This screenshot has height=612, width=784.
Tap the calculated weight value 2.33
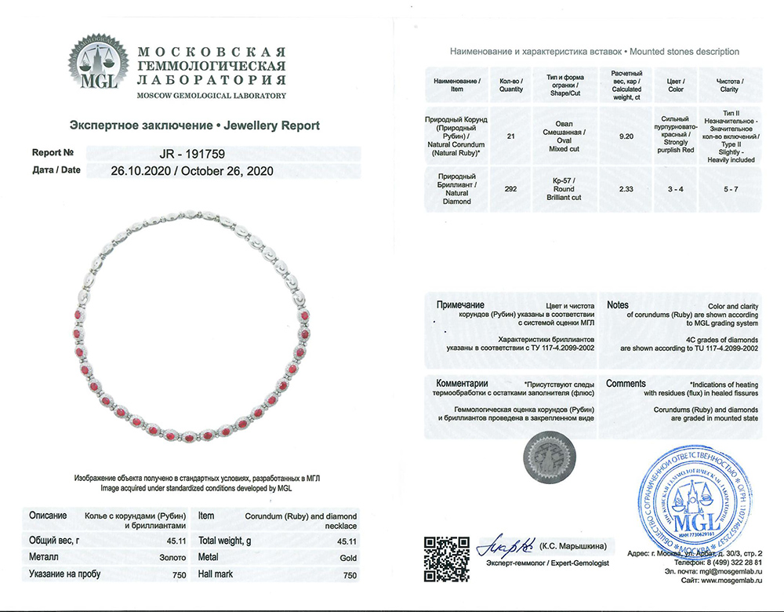coord(626,188)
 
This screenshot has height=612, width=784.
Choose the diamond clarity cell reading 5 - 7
coord(729,188)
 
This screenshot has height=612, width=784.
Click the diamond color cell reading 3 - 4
coord(675,188)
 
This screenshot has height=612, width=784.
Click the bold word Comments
coord(626,384)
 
